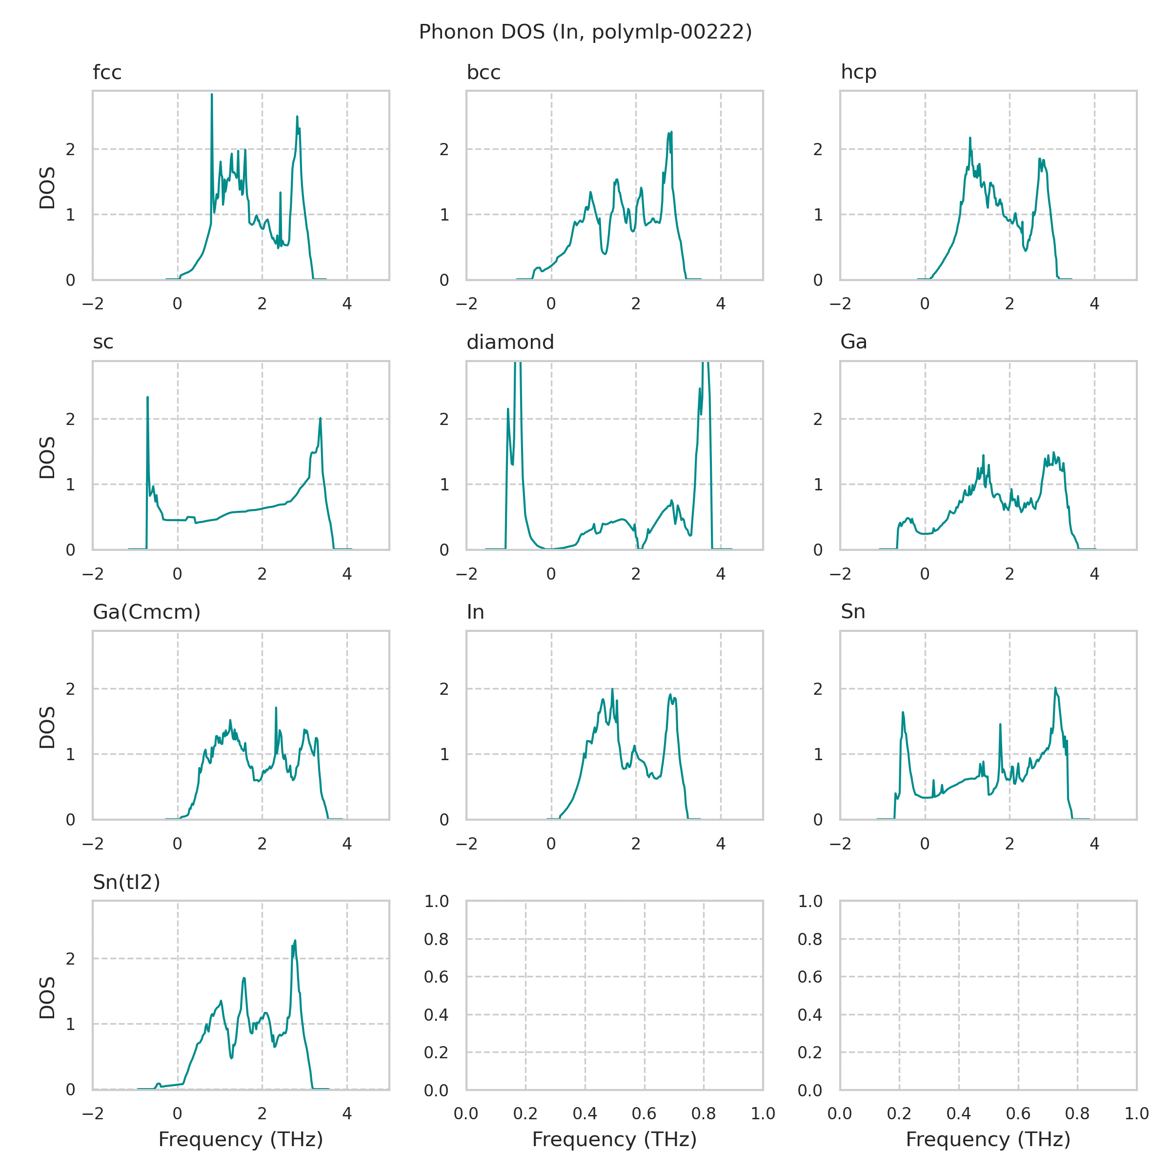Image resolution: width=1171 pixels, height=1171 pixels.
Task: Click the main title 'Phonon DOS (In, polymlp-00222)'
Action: pos(585,32)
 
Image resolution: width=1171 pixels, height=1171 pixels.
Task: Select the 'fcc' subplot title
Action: pos(107,73)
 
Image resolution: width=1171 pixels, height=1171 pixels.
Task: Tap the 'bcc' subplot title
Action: pos(483,73)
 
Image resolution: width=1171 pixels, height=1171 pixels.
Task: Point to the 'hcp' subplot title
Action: pos(858,73)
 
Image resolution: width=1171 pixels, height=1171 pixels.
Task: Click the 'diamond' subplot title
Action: pos(510,343)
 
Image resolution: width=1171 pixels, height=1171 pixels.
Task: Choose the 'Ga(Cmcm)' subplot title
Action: pos(146,612)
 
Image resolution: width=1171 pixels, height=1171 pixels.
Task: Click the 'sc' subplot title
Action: pos(103,343)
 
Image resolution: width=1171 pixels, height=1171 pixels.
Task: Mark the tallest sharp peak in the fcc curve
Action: pos(212,95)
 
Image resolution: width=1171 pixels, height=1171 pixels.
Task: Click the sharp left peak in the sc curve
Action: pos(147,398)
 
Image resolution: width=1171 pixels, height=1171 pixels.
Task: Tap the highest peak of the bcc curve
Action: pos(671,132)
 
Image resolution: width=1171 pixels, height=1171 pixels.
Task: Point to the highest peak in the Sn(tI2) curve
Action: pos(295,941)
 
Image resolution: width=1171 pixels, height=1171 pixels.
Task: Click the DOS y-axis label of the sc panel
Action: pos(47,458)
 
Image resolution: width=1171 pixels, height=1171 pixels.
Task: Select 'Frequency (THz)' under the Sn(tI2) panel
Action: pos(241,1139)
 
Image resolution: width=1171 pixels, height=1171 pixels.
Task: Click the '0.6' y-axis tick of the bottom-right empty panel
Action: pos(810,977)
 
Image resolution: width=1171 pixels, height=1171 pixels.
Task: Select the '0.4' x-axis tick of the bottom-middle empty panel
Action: pos(585,1113)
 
